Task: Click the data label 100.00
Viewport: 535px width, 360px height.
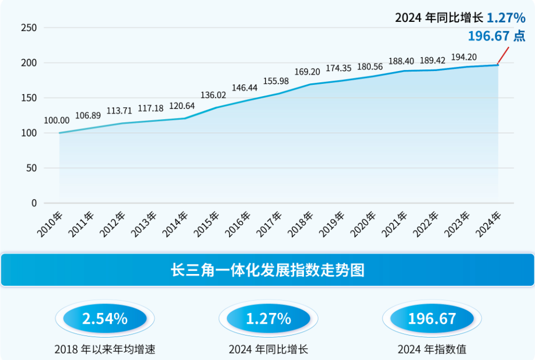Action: tap(57, 121)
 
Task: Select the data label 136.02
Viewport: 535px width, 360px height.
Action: tap(213, 95)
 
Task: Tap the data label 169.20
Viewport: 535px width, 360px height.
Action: tap(308, 72)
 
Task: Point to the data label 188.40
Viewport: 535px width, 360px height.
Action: tap(401, 61)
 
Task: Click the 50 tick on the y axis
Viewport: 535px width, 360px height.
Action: tap(32, 168)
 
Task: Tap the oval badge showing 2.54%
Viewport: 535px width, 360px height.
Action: tap(105, 319)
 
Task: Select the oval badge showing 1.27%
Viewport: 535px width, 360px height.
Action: tap(269, 319)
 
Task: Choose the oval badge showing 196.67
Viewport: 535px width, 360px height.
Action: tap(432, 319)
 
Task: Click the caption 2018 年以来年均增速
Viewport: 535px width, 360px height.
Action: tap(105, 349)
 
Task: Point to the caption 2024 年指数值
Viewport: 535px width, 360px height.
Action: tap(432, 349)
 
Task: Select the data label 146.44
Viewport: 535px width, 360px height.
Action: tap(245, 87)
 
